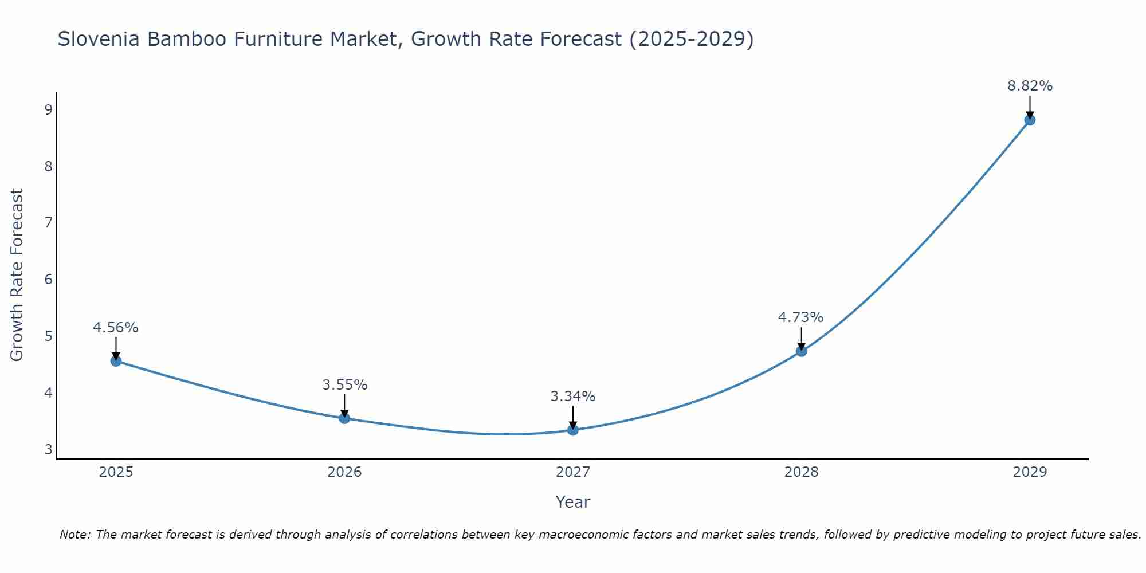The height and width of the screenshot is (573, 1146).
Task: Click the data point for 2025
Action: (x=116, y=361)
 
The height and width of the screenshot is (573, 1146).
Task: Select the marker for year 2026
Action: (x=344, y=418)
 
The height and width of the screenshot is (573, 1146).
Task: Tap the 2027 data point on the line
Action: (x=573, y=430)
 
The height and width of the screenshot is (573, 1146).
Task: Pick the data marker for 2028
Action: (x=801, y=351)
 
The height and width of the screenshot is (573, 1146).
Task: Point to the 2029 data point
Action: (x=1030, y=120)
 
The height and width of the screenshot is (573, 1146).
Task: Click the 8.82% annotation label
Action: (x=1030, y=86)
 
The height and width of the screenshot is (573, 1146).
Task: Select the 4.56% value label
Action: (x=116, y=328)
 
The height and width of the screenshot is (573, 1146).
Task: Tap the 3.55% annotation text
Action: (x=344, y=385)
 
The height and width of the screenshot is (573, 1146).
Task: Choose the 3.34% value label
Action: (x=573, y=397)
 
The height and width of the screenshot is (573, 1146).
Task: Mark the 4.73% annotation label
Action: (x=800, y=317)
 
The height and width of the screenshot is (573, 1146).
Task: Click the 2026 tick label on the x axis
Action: (x=344, y=472)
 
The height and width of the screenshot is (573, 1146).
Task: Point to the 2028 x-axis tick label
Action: (x=801, y=472)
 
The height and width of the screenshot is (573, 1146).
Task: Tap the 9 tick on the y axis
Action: (x=48, y=110)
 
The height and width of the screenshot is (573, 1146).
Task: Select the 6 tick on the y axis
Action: (x=48, y=280)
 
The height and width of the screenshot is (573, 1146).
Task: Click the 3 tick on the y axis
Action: (x=48, y=449)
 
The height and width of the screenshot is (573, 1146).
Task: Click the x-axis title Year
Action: (x=572, y=502)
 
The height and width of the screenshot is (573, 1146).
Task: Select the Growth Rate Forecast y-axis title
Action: (x=17, y=275)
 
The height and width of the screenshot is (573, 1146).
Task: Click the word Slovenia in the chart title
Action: (x=99, y=40)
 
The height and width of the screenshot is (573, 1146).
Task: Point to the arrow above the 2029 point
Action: (x=1030, y=107)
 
